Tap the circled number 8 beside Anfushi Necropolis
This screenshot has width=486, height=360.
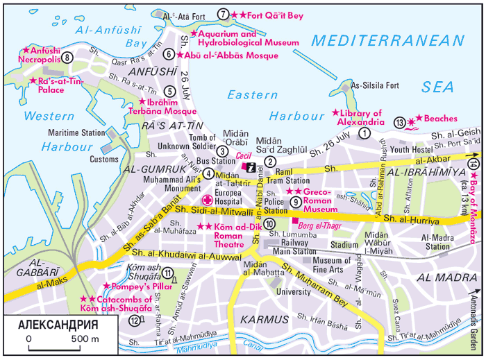(x=67, y=58)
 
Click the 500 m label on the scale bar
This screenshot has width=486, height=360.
(x=85, y=338)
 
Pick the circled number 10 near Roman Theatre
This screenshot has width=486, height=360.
(x=269, y=223)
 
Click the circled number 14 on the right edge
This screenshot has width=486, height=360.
(x=473, y=164)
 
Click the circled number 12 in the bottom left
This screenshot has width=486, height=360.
(x=133, y=320)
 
